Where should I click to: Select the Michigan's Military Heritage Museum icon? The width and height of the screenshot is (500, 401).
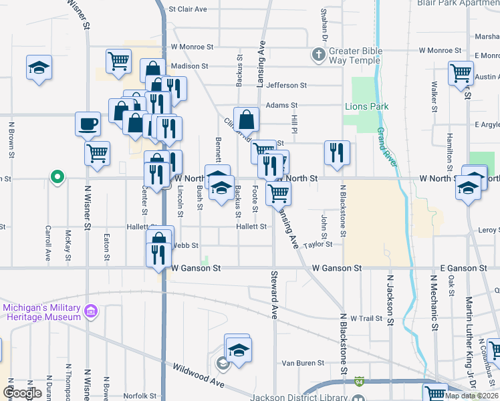91,311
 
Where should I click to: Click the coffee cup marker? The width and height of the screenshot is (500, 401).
88,124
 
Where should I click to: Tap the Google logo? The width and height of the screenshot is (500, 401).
22,393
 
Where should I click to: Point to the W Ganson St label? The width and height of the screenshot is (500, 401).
196,268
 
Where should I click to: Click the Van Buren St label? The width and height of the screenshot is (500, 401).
302,363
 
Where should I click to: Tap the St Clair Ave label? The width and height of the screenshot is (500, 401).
188,9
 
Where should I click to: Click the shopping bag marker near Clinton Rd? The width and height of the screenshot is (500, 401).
246,120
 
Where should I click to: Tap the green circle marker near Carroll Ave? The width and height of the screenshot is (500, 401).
58,177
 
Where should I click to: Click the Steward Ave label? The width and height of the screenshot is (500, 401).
274,294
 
